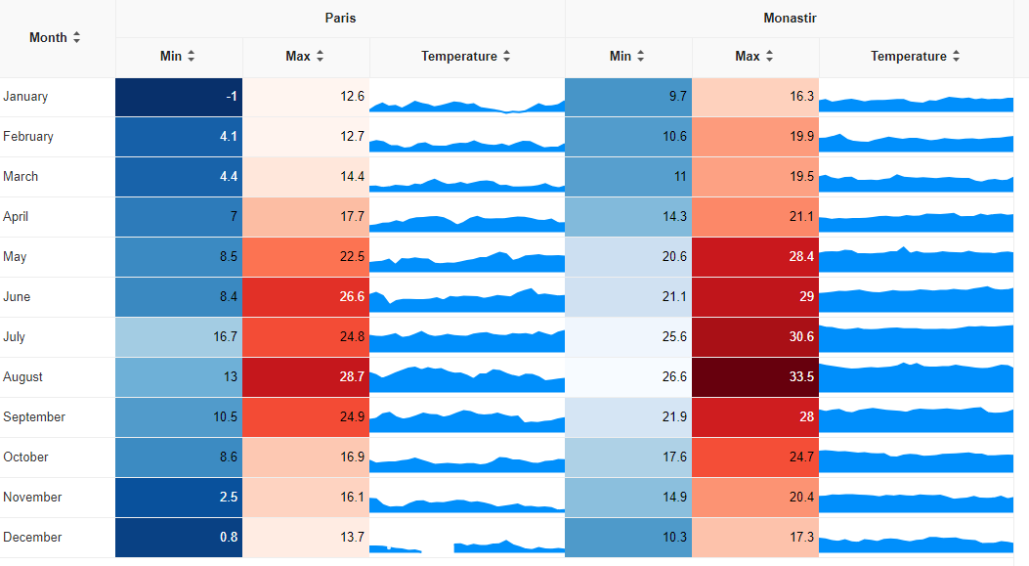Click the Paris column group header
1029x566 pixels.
340,19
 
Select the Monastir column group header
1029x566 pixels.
791,19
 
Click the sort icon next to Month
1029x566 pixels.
76,37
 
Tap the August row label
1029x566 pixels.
23,377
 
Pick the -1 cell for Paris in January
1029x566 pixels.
179,97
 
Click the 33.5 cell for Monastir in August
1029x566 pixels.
755,377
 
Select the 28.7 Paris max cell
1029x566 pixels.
306,377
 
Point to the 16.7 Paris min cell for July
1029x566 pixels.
179,337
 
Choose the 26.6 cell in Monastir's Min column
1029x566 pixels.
628,377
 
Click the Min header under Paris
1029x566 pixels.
172,57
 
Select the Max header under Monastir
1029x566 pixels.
748,57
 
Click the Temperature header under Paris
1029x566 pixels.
459,57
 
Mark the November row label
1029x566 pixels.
32,498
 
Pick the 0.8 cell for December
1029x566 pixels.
179,538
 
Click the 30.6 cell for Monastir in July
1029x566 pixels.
755,337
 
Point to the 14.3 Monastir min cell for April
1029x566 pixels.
628,217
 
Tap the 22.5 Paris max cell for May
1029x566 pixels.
306,257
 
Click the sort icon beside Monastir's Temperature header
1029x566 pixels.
956,57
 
